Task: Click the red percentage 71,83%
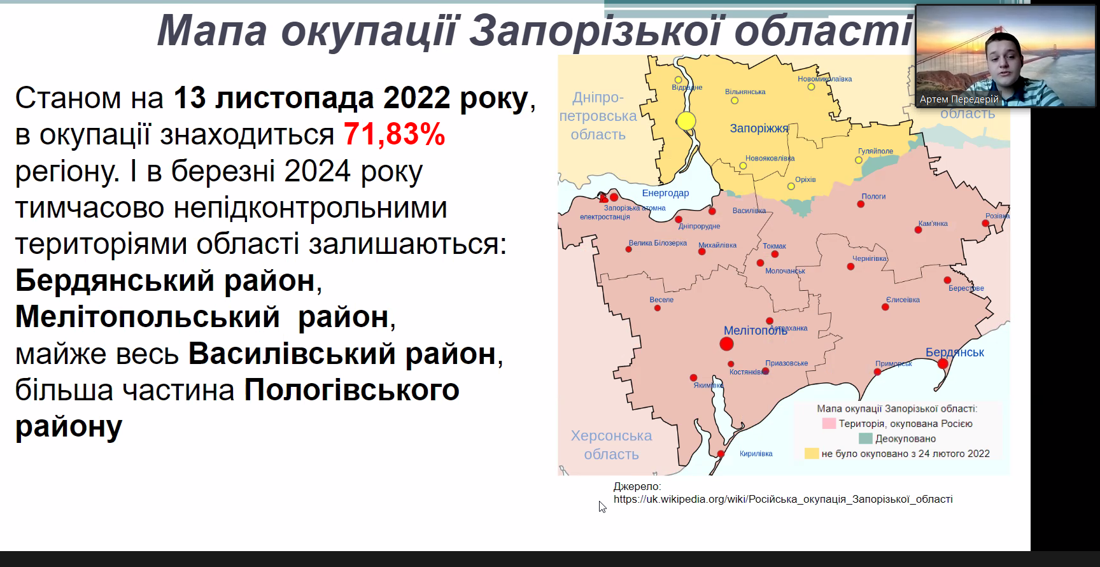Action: coord(394,134)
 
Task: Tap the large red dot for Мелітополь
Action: coord(726,344)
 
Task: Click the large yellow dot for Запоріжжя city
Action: coord(686,121)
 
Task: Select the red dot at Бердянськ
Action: coord(943,363)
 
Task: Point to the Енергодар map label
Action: coord(665,193)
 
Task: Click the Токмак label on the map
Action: coord(774,246)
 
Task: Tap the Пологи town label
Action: coord(873,196)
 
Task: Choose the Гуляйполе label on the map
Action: coord(875,151)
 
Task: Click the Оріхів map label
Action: coord(805,179)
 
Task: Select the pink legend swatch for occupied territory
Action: coord(829,423)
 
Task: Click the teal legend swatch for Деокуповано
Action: coord(865,438)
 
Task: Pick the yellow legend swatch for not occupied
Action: coord(811,454)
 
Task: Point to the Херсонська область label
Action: coord(611,445)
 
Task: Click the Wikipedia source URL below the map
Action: coord(783,500)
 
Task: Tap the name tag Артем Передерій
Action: coord(959,99)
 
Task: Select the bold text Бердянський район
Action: coord(165,281)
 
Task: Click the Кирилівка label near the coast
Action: coord(756,454)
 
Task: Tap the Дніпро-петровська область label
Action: coord(598,116)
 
